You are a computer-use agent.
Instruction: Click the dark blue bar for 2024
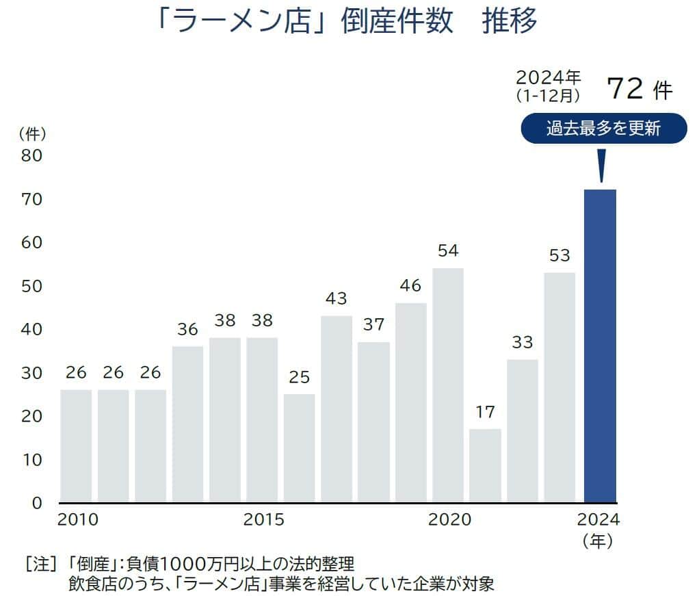pos(600,346)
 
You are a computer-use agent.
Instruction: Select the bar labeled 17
pos(485,465)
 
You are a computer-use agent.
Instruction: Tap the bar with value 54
pos(448,385)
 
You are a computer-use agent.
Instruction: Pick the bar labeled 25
pos(299,448)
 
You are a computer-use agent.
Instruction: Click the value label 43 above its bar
pos(337,298)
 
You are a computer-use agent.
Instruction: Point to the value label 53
pos(559,255)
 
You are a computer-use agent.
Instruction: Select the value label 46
pos(410,285)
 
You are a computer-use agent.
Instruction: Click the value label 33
pos(522,342)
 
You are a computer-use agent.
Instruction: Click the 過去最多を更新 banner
pos(603,129)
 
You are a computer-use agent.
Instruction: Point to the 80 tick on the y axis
pos(32,155)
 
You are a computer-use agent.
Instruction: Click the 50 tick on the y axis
pos(32,286)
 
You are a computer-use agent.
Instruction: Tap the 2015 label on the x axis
pos(263,520)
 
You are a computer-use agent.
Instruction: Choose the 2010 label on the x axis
pos(78,520)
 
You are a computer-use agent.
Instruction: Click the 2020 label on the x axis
pos(449,520)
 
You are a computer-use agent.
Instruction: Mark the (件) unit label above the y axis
pos(32,132)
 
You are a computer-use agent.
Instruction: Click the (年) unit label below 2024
pos(598,541)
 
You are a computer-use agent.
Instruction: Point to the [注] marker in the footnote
pos(40,565)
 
